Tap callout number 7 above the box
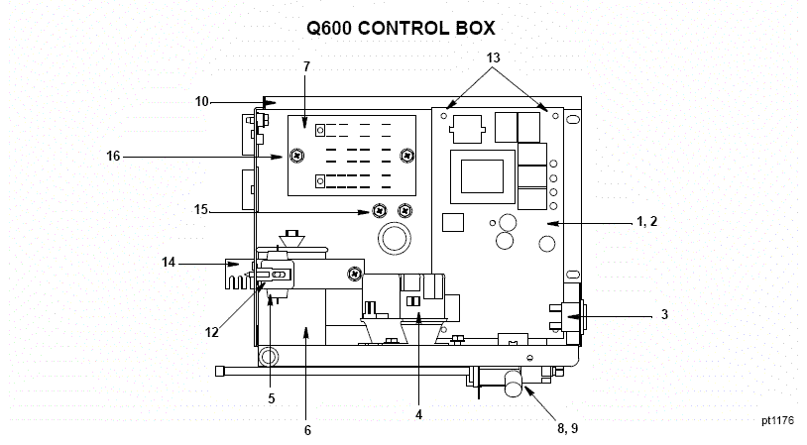[x=306, y=66]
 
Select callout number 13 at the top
[x=495, y=57]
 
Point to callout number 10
[x=202, y=101]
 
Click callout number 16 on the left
[x=113, y=156]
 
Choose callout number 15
[x=201, y=210]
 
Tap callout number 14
[x=170, y=263]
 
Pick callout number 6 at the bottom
[x=307, y=430]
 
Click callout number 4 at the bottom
[x=418, y=415]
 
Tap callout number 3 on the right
[x=664, y=315]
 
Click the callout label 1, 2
[x=648, y=225]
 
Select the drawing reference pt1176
[x=777, y=420]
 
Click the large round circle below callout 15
[x=392, y=239]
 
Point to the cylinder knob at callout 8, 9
[x=514, y=383]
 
